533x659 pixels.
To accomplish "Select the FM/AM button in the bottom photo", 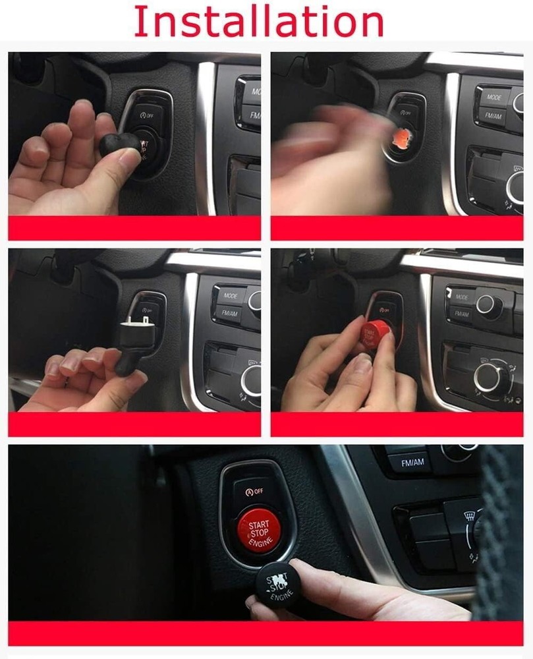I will click(x=412, y=463).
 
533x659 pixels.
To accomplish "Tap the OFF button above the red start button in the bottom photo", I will click(x=255, y=491).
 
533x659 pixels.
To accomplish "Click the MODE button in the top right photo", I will click(x=493, y=97).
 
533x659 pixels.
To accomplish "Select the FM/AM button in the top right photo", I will click(x=493, y=115).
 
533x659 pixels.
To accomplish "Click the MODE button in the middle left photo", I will click(x=231, y=296).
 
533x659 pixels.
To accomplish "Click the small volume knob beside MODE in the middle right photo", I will click(x=486, y=304).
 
